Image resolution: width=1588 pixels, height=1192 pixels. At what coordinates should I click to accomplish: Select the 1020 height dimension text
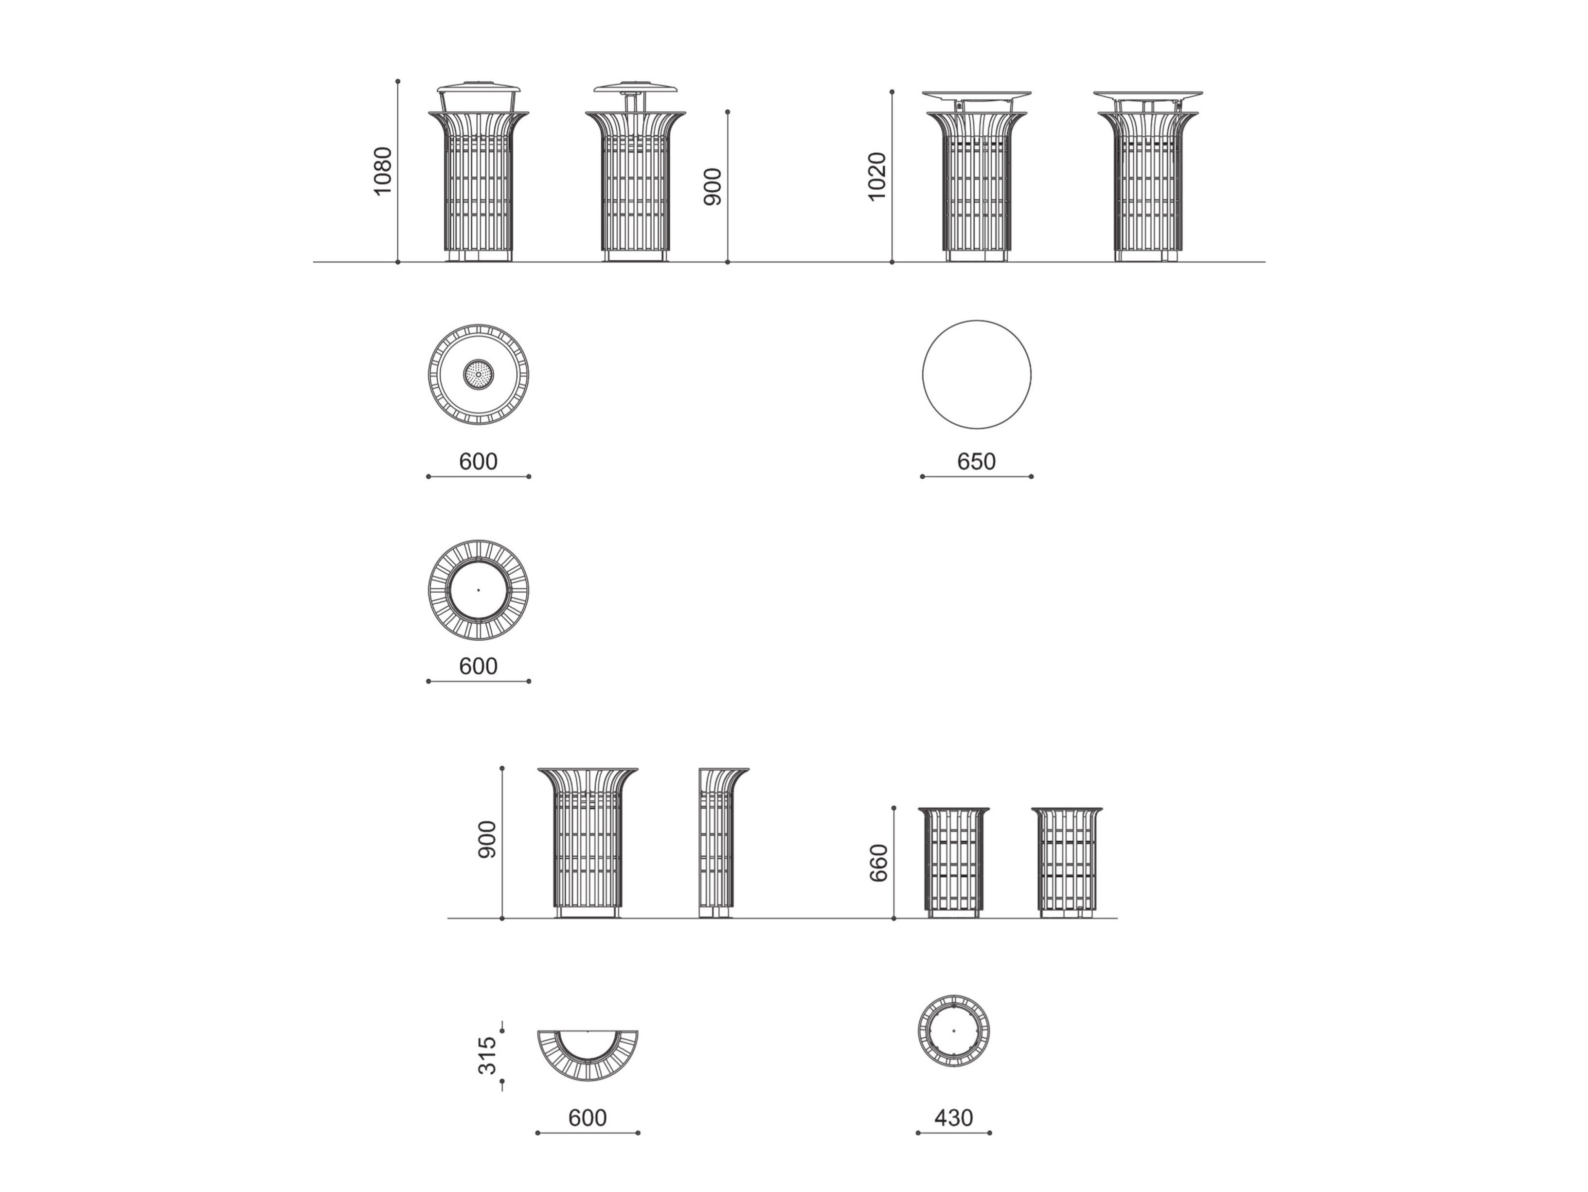876,177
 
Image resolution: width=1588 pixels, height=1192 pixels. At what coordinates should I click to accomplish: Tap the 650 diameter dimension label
976,461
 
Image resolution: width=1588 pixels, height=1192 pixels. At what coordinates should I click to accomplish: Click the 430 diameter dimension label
953,1118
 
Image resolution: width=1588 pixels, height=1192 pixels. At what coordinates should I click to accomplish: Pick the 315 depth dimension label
487,1056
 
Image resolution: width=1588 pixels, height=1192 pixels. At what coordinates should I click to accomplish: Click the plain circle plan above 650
976,374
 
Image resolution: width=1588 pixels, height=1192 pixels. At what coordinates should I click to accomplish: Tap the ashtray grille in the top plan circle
478,374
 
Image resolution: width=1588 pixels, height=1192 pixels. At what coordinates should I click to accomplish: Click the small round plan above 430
953,1030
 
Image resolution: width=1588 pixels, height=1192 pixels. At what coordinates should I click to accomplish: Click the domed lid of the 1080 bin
478,89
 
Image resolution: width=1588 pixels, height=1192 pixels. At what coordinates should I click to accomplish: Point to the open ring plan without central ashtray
478,590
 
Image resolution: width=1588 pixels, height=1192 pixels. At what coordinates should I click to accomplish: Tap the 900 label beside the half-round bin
487,839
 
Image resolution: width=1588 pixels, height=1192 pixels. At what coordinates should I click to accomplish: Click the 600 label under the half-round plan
587,1118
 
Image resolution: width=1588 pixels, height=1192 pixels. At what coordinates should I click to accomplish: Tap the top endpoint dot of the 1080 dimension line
398,82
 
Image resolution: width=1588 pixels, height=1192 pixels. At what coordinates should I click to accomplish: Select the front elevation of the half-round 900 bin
587,842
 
